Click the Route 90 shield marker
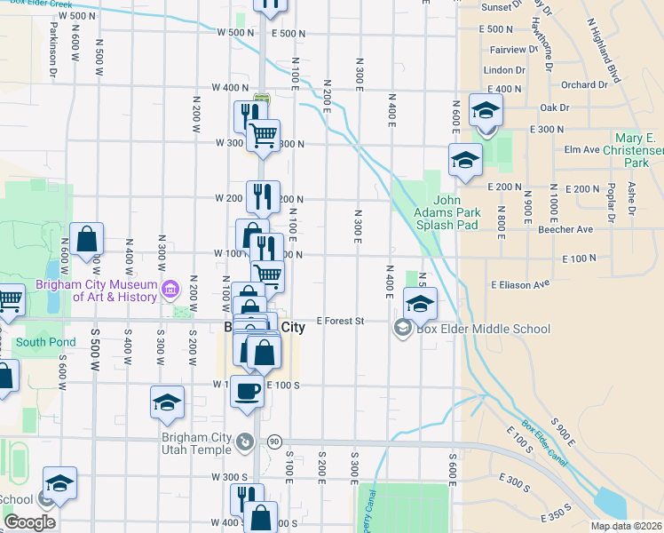[x=274, y=442]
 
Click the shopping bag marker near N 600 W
[x=86, y=240]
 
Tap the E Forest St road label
[x=342, y=322]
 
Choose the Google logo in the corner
[x=29, y=522]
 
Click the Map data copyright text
[x=626, y=526]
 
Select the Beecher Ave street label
[x=565, y=229]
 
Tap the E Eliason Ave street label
[x=520, y=284]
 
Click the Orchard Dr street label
[x=584, y=85]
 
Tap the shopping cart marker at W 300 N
[x=263, y=137]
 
